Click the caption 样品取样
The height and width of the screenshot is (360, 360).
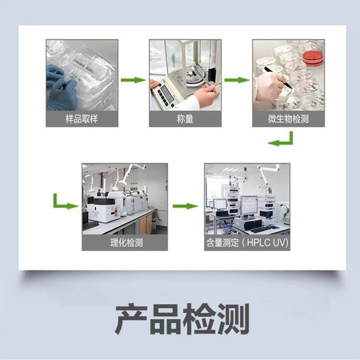point(82,119)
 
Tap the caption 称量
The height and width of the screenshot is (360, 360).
point(185,119)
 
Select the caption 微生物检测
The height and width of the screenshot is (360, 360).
point(288,119)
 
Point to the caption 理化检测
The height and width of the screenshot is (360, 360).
point(127,243)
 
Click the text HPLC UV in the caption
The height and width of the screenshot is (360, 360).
point(267,243)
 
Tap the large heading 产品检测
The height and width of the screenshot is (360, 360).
point(182,319)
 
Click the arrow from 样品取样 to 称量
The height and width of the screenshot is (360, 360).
point(133,80)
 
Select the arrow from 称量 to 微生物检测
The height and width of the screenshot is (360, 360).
point(237,80)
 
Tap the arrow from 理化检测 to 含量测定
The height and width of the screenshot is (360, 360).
point(185,206)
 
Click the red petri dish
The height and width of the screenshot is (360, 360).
point(312,57)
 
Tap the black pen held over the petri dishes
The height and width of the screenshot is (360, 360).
point(278,77)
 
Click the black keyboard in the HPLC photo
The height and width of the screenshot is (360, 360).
point(261,229)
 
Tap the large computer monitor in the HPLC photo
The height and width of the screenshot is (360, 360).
point(249,205)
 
